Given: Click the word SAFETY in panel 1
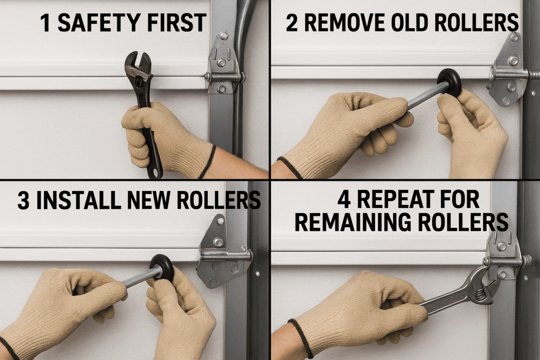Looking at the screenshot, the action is pos(99,23).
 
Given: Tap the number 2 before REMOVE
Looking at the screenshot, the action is pos(291,23).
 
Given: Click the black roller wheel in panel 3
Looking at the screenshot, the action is pos(162,268).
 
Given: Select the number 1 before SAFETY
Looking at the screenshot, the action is pos(45,23).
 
